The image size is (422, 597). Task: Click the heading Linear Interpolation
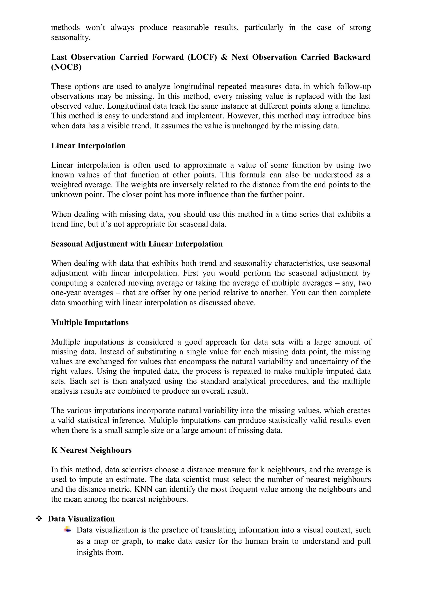point(88,146)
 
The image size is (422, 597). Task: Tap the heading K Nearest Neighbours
point(91,450)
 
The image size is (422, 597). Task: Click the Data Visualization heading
point(81,519)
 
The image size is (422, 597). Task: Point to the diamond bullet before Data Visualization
point(39,519)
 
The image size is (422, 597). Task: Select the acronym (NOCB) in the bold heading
point(66,67)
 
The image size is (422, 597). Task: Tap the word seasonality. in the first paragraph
point(71,38)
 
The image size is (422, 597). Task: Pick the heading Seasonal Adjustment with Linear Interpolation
point(137,244)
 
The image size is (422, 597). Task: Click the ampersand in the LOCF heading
point(224,57)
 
